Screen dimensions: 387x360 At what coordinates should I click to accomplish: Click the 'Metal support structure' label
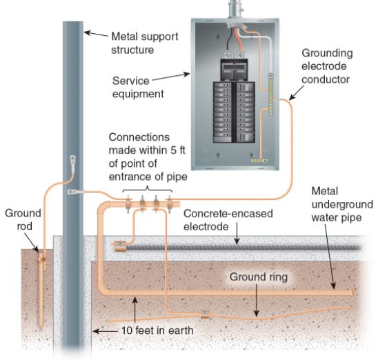point(145,43)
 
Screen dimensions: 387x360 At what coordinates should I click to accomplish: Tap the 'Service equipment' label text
point(138,88)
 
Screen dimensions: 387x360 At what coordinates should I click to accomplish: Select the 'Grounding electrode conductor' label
point(327,66)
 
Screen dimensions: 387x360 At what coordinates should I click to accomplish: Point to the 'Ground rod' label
point(23,219)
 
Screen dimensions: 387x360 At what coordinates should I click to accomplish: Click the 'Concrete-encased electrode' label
point(228,220)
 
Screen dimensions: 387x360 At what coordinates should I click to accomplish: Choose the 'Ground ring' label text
point(259,277)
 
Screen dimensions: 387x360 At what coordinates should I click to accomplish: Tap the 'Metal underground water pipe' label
point(342,204)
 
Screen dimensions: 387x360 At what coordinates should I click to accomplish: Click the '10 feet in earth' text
point(157,330)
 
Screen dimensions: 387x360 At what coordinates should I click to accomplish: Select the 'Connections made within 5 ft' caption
point(147,143)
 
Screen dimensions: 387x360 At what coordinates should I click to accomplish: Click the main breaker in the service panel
point(234,70)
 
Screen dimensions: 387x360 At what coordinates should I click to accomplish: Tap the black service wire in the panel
point(228,41)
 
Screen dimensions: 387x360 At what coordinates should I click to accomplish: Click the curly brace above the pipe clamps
point(148,190)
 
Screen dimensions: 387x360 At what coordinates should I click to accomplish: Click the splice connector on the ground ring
point(205,314)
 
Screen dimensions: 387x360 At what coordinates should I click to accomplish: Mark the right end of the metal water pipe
point(353,293)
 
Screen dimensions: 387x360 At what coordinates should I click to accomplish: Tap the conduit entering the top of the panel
point(235,10)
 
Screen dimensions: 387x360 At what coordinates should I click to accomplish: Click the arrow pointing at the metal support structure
point(97,34)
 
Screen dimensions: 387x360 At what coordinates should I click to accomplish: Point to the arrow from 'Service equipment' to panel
point(171,77)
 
